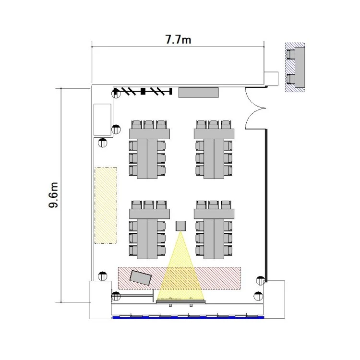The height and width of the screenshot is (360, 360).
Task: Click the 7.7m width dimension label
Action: [x=178, y=39]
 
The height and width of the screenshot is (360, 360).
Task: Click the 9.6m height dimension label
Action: [x=53, y=195]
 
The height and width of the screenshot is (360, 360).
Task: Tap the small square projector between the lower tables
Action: [x=180, y=226]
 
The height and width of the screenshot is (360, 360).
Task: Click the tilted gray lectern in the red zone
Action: [x=141, y=277]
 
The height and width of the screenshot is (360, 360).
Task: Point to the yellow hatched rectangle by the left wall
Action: [x=106, y=205]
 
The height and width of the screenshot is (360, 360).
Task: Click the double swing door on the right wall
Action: [x=255, y=108]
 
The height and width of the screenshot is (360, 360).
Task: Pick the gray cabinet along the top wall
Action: [x=199, y=92]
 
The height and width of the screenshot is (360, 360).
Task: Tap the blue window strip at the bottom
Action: [x=188, y=318]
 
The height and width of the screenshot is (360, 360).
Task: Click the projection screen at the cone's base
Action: [x=180, y=301]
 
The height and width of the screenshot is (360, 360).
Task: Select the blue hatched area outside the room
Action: [x=295, y=67]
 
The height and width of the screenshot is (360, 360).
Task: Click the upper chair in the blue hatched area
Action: [x=291, y=54]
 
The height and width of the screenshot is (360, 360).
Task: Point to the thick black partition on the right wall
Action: [x=266, y=205]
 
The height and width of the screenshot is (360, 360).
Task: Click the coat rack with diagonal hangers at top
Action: [x=143, y=91]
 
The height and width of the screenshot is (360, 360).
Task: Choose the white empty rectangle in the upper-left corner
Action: [x=102, y=120]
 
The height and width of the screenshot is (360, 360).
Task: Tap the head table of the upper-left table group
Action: [x=149, y=134]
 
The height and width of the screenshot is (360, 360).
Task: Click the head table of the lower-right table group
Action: [x=214, y=214]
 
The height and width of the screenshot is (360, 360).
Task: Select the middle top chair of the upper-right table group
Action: [x=214, y=125]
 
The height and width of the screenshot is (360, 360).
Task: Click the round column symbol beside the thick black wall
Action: [x=260, y=281]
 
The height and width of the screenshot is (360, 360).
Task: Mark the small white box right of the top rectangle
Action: [x=271, y=79]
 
